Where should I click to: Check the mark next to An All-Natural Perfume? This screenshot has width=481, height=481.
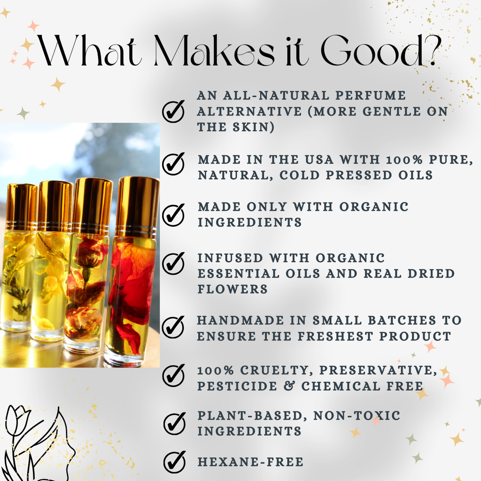coord(173,111)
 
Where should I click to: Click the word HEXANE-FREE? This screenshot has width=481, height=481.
coord(250,462)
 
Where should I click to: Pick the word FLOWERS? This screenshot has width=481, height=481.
coord(233,289)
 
